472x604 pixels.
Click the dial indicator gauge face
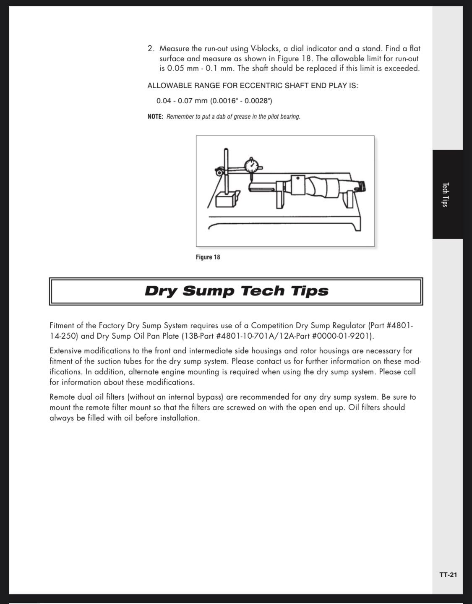[x=252, y=166]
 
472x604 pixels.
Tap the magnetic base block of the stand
[x=225, y=200]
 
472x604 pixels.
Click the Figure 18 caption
[x=208, y=257]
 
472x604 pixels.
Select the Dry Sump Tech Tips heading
[x=236, y=291]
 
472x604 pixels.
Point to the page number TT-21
[x=448, y=575]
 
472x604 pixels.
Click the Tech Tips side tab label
[x=445, y=195]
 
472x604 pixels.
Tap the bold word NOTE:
[x=155, y=116]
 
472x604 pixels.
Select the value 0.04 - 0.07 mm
[x=182, y=101]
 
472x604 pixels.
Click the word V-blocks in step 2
[x=265, y=49]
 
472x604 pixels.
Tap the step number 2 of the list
[x=151, y=49]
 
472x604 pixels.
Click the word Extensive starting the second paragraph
[x=65, y=351]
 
